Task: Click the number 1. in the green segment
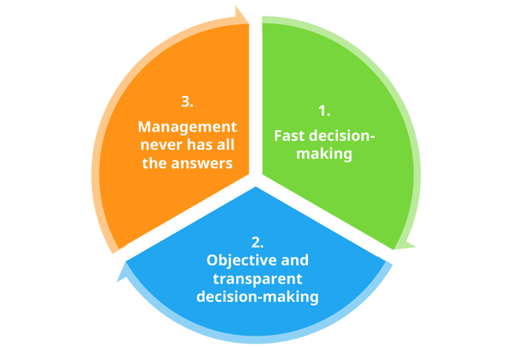(x=324, y=111)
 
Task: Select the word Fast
(x=288, y=135)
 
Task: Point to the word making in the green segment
(x=324, y=154)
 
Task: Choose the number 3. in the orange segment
(x=187, y=102)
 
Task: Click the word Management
(x=187, y=126)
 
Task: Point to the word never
(x=158, y=145)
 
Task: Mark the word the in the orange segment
(x=152, y=163)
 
